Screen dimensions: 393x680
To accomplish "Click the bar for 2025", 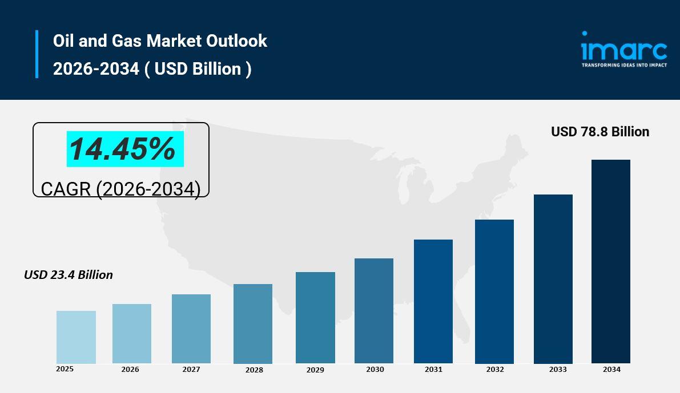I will point(76,337).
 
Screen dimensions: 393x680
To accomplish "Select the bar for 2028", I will point(253,323).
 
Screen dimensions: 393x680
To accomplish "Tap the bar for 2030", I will point(374,311).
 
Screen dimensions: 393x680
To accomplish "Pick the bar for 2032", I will point(494,291).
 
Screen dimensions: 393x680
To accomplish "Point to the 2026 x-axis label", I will point(130,370).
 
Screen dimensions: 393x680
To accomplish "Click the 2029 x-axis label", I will point(315,370).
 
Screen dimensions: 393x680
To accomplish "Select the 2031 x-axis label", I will point(433,370).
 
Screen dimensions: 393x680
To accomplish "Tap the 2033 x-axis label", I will point(558,370).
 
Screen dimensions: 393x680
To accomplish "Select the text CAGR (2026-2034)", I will point(121,189).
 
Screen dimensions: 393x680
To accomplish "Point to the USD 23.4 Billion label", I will point(69,275).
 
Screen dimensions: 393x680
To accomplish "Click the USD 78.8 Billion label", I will point(600,132).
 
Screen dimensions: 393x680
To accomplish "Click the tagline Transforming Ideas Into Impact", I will point(624,65).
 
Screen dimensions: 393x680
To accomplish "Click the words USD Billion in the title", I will point(198,69).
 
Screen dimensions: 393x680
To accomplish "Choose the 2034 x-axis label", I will point(611,370).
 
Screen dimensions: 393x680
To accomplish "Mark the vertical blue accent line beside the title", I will point(37,54).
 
